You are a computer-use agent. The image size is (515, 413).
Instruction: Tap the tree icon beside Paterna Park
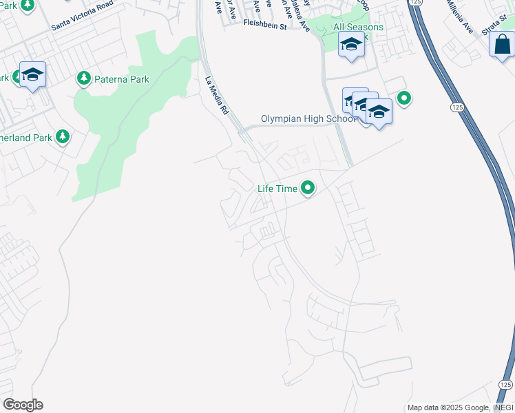click(84, 78)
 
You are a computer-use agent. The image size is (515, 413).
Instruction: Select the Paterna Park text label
click(121, 79)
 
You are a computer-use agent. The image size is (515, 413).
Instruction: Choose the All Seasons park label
click(358, 27)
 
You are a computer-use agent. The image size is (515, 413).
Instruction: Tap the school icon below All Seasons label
click(351, 45)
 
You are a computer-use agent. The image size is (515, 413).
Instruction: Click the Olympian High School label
click(308, 118)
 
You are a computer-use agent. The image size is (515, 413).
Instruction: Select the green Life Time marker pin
click(308, 188)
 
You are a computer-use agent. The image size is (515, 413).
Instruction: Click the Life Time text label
click(277, 188)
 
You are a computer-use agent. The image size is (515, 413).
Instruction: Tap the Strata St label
click(494, 21)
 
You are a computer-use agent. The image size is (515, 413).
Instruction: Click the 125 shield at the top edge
click(414, 3)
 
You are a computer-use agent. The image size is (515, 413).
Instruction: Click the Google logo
click(23, 405)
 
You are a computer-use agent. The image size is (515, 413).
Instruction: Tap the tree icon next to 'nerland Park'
click(63, 137)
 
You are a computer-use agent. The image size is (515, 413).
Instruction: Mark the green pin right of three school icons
click(405, 98)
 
